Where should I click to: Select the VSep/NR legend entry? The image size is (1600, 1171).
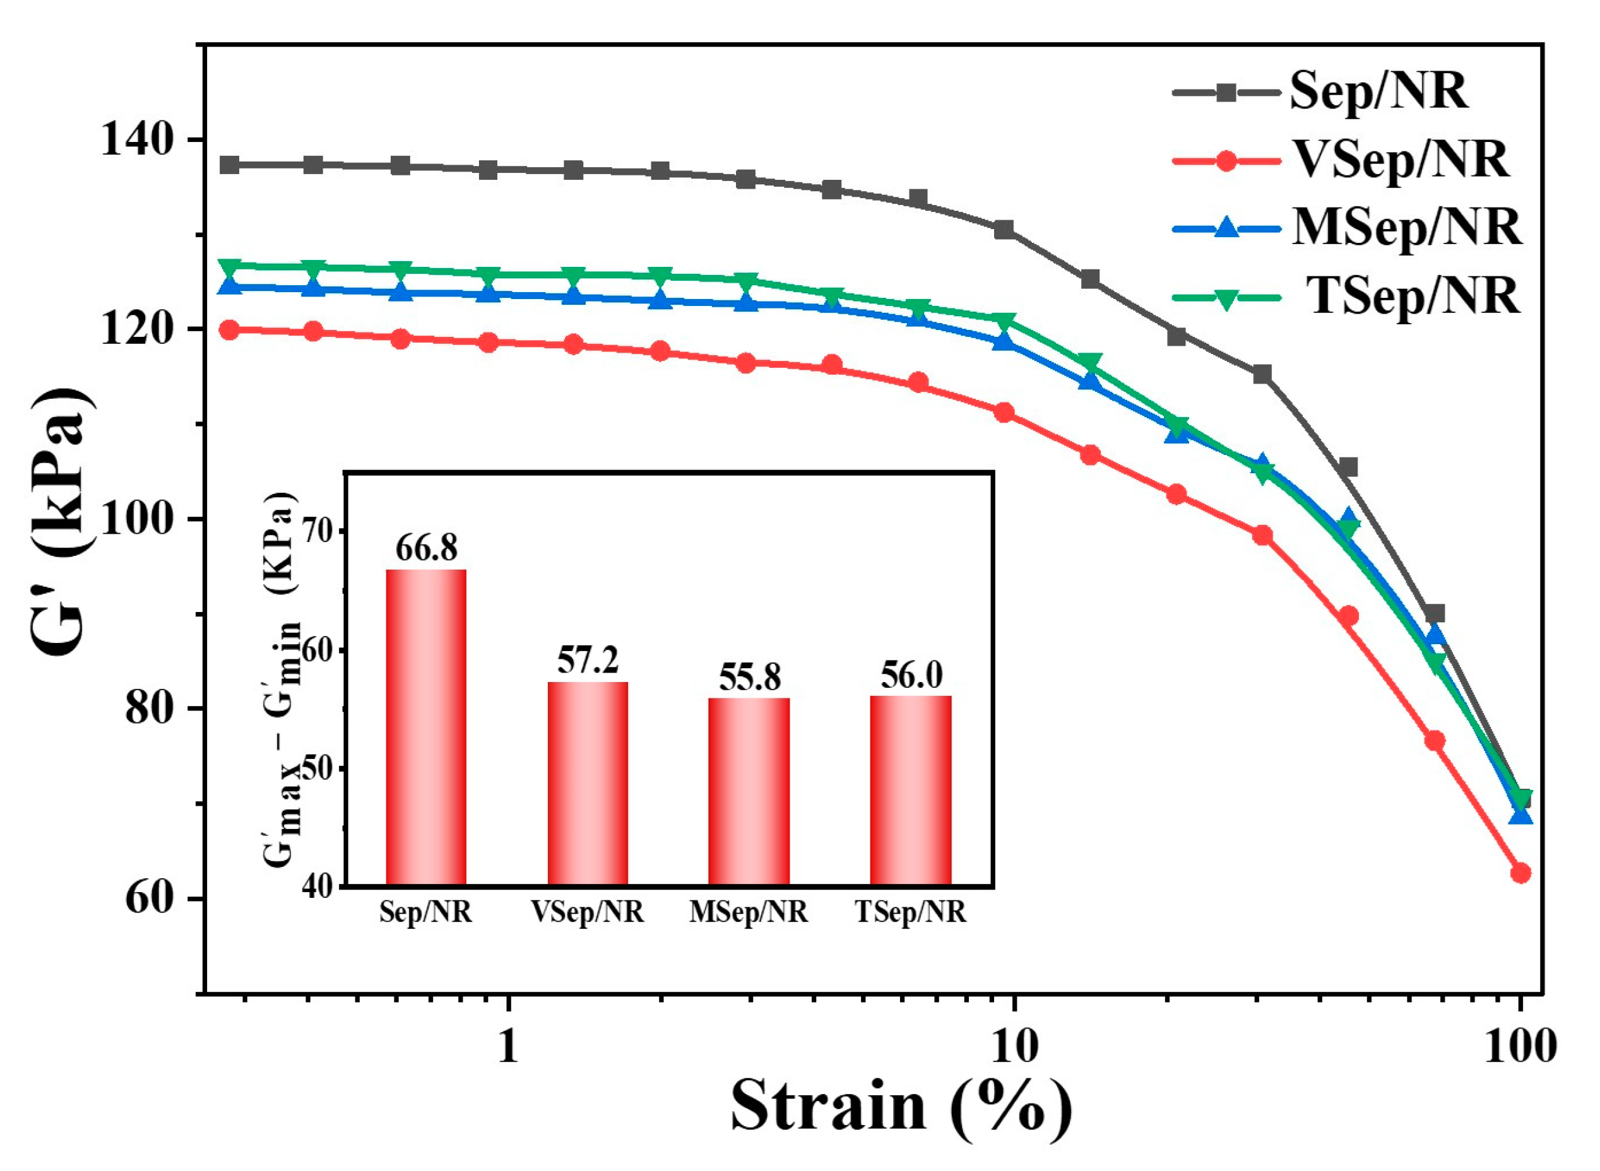(x=1341, y=160)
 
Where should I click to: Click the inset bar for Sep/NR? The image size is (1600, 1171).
(x=426, y=727)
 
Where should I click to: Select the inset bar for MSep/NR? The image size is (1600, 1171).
(x=749, y=792)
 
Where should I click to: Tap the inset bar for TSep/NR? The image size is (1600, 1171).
(x=911, y=791)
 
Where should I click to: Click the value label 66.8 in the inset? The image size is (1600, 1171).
(x=427, y=548)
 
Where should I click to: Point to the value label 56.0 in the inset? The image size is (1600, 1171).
(x=911, y=675)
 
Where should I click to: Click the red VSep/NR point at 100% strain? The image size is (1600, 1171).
(x=1520, y=873)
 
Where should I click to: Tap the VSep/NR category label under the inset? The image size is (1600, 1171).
(x=588, y=912)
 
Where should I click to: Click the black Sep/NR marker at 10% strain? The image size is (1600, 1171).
(x=1004, y=230)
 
